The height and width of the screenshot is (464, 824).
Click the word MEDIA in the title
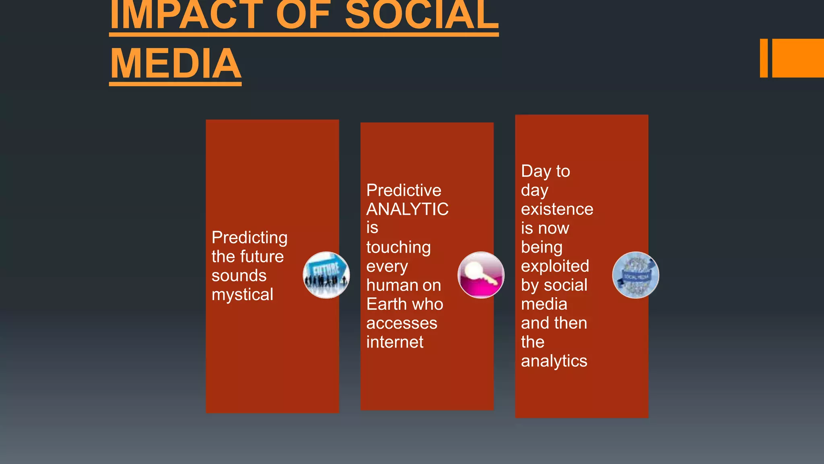[175, 64]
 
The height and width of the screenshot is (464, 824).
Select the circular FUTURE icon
[326, 275]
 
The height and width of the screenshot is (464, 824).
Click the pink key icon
[481, 275]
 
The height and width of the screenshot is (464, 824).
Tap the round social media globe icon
[635, 275]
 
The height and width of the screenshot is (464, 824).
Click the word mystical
[242, 295]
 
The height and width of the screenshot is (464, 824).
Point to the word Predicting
[249, 238]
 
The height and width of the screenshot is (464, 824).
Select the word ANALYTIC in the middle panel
[407, 209]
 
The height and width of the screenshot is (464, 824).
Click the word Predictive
[404, 190]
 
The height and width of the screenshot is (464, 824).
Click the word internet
[395, 342]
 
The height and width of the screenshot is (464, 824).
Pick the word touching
[398, 247]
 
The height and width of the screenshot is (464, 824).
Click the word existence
[557, 209]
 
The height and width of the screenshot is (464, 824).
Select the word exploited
[555, 266]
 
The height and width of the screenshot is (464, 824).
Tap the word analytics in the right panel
[554, 361]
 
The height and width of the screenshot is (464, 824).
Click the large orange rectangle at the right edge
[798, 58]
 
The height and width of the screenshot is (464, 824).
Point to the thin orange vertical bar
[764, 58]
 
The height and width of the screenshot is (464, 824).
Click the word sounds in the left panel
[239, 276]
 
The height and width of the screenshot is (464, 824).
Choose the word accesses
[402, 323]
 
